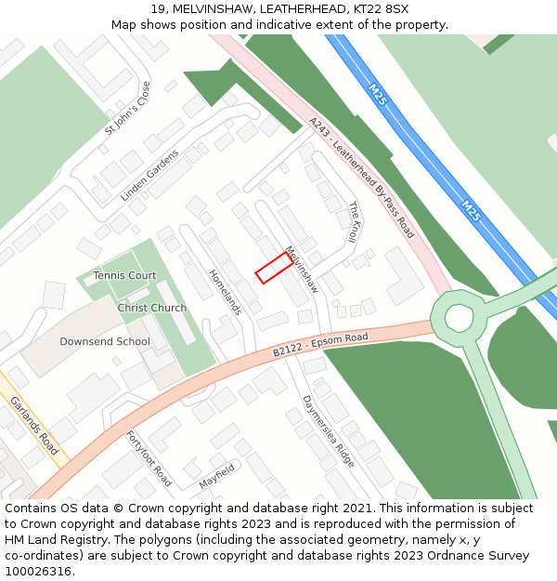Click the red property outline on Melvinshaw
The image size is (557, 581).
pos(274,267)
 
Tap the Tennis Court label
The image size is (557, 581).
pos(124,275)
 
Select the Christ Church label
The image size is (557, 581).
pos(151,308)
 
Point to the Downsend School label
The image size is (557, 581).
pos(104,341)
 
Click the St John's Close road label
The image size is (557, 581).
pos(127,108)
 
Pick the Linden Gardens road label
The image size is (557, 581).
pos(149,175)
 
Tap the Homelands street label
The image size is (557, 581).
pos(226,292)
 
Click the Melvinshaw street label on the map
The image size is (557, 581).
pos(302,270)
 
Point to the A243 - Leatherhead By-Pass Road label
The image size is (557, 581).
pos(361,178)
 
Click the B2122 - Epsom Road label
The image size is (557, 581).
pos(320,343)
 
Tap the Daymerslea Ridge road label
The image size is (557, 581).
pos(329,430)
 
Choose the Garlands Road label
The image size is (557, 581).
pos(34,425)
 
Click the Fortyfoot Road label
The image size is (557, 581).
pos(149,457)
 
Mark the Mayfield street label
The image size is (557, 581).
pos(217,478)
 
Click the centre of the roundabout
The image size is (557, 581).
pos(459,318)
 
